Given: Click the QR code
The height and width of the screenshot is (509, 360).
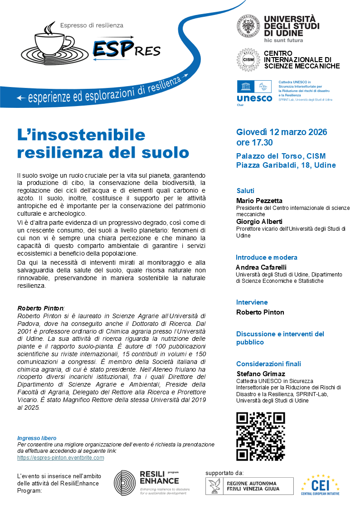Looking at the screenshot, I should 261,436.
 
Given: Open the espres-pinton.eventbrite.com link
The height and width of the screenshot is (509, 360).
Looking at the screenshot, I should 61,458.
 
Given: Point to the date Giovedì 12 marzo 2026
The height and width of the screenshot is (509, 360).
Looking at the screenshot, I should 282,132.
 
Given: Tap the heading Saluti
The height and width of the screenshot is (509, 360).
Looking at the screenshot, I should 245,191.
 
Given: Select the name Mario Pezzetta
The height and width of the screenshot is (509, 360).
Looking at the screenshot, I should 259,200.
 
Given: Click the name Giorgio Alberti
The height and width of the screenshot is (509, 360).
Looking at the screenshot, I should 259,222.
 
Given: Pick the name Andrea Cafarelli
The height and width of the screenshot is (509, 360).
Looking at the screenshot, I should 261,267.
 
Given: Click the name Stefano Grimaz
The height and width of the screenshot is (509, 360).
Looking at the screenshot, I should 261,374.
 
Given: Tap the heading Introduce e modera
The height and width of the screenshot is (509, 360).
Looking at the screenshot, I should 267,257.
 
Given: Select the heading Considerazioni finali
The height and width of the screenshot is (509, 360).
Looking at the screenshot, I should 268,364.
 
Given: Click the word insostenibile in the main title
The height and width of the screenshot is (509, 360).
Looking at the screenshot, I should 82,135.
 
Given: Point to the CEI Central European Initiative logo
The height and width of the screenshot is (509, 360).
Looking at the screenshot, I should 321,485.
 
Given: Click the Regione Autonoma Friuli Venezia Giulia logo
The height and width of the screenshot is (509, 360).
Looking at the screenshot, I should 250,486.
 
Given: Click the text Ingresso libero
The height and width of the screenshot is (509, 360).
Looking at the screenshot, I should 37,438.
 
